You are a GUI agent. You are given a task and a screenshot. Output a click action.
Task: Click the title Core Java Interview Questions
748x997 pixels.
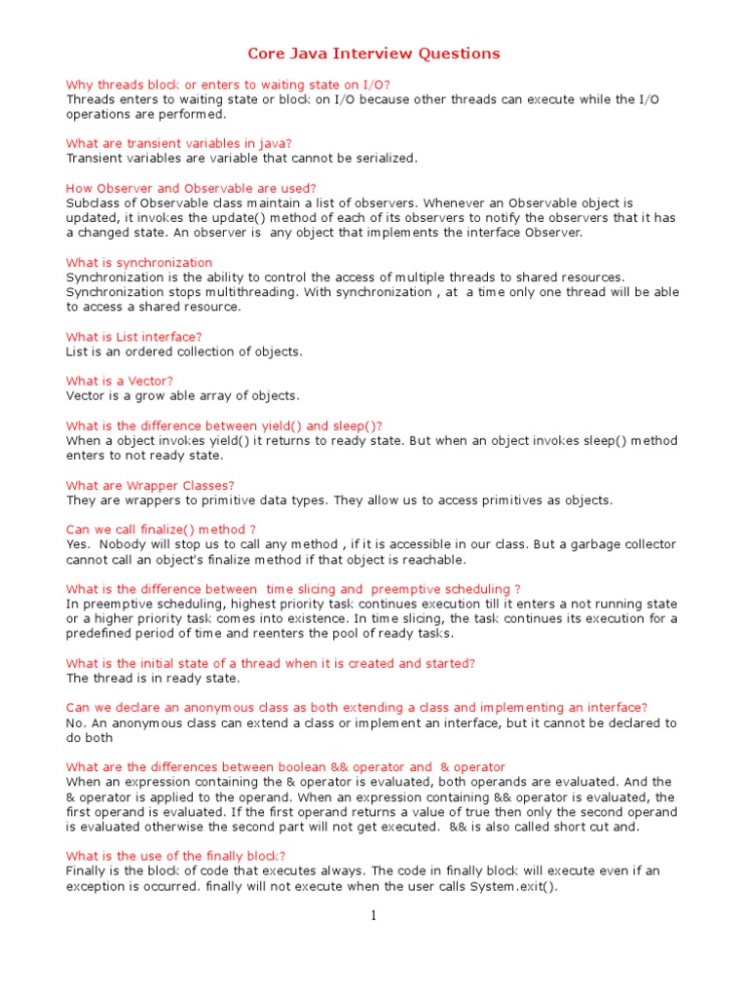point(374,54)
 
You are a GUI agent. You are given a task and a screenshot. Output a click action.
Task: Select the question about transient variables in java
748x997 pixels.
point(178,143)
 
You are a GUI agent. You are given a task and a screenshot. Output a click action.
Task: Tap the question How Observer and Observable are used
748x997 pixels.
point(191,188)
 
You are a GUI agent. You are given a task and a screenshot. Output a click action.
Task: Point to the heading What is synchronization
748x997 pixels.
point(139,262)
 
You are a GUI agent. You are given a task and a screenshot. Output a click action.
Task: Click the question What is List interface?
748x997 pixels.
point(133,337)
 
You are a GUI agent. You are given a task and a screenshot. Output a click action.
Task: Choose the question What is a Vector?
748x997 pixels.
point(119,381)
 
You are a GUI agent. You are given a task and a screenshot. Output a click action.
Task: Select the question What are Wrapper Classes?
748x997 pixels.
point(150,485)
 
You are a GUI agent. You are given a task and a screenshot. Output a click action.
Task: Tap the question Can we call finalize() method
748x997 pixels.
point(161,530)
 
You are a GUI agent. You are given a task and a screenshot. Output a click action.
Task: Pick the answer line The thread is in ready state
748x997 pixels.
point(152,678)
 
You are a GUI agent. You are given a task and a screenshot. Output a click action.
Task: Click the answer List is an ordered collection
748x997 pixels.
point(184,351)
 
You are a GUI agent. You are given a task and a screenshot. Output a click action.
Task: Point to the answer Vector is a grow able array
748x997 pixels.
point(182,395)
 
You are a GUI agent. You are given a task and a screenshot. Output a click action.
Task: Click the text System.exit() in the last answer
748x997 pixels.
point(515,886)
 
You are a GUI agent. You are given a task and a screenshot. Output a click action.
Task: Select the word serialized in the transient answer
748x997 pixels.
point(385,158)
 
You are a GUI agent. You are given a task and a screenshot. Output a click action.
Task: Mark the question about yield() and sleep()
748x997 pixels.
point(224,425)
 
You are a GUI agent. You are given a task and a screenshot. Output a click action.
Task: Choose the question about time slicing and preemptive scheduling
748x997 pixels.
point(293,589)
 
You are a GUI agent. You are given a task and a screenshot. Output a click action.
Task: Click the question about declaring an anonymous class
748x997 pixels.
point(356,707)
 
